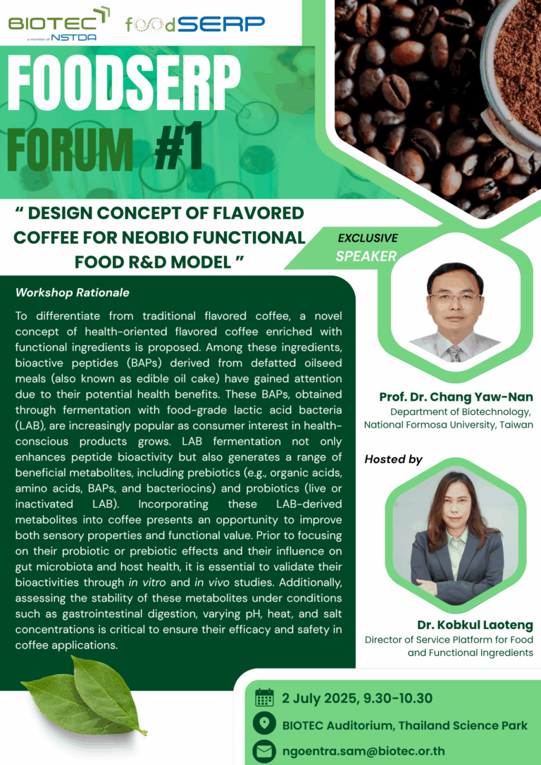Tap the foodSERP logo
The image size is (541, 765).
(x=195, y=23)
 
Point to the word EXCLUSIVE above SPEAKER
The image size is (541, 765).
(x=368, y=238)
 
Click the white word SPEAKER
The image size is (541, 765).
(x=366, y=256)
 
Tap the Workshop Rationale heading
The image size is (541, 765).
(x=72, y=293)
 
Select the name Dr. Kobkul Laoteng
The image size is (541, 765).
(x=475, y=625)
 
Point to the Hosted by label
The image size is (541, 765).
(x=393, y=459)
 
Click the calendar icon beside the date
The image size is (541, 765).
(x=265, y=698)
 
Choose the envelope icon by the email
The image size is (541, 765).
(x=265, y=751)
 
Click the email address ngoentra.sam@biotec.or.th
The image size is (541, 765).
(x=364, y=751)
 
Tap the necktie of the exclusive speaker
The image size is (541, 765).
(x=454, y=353)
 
